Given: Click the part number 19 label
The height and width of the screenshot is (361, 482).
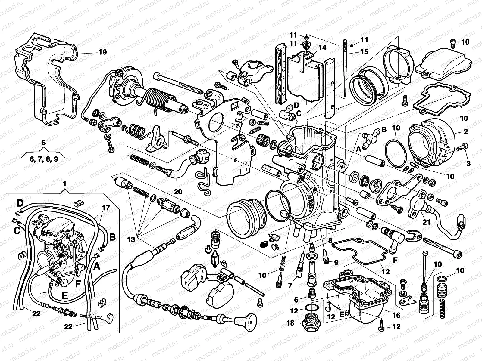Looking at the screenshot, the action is [102, 52].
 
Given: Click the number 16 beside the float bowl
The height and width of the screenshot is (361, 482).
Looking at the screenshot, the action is [396, 315].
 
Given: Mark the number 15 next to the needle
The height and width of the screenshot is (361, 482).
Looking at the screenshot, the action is [364, 52].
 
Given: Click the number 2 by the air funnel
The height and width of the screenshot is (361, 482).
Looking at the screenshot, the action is [465, 131].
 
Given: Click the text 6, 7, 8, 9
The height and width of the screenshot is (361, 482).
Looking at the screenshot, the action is [44, 159].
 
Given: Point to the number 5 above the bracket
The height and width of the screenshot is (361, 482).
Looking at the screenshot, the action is [44, 143].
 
